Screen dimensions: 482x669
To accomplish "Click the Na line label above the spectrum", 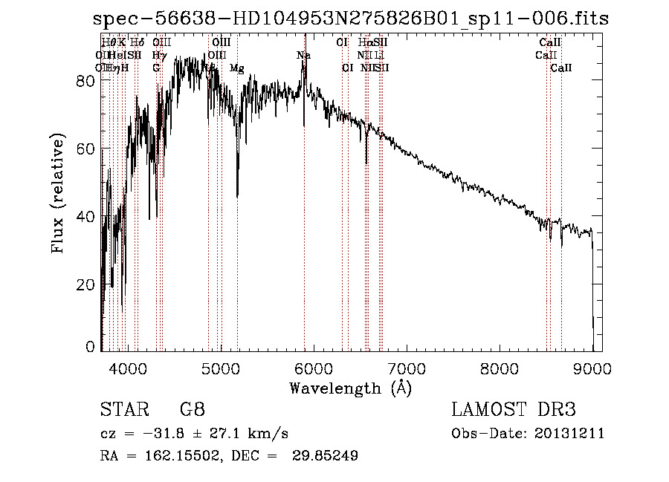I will [x=303, y=56].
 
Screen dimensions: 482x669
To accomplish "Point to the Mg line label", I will [x=237, y=68].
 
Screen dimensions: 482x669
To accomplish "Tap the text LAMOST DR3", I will [x=514, y=410].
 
